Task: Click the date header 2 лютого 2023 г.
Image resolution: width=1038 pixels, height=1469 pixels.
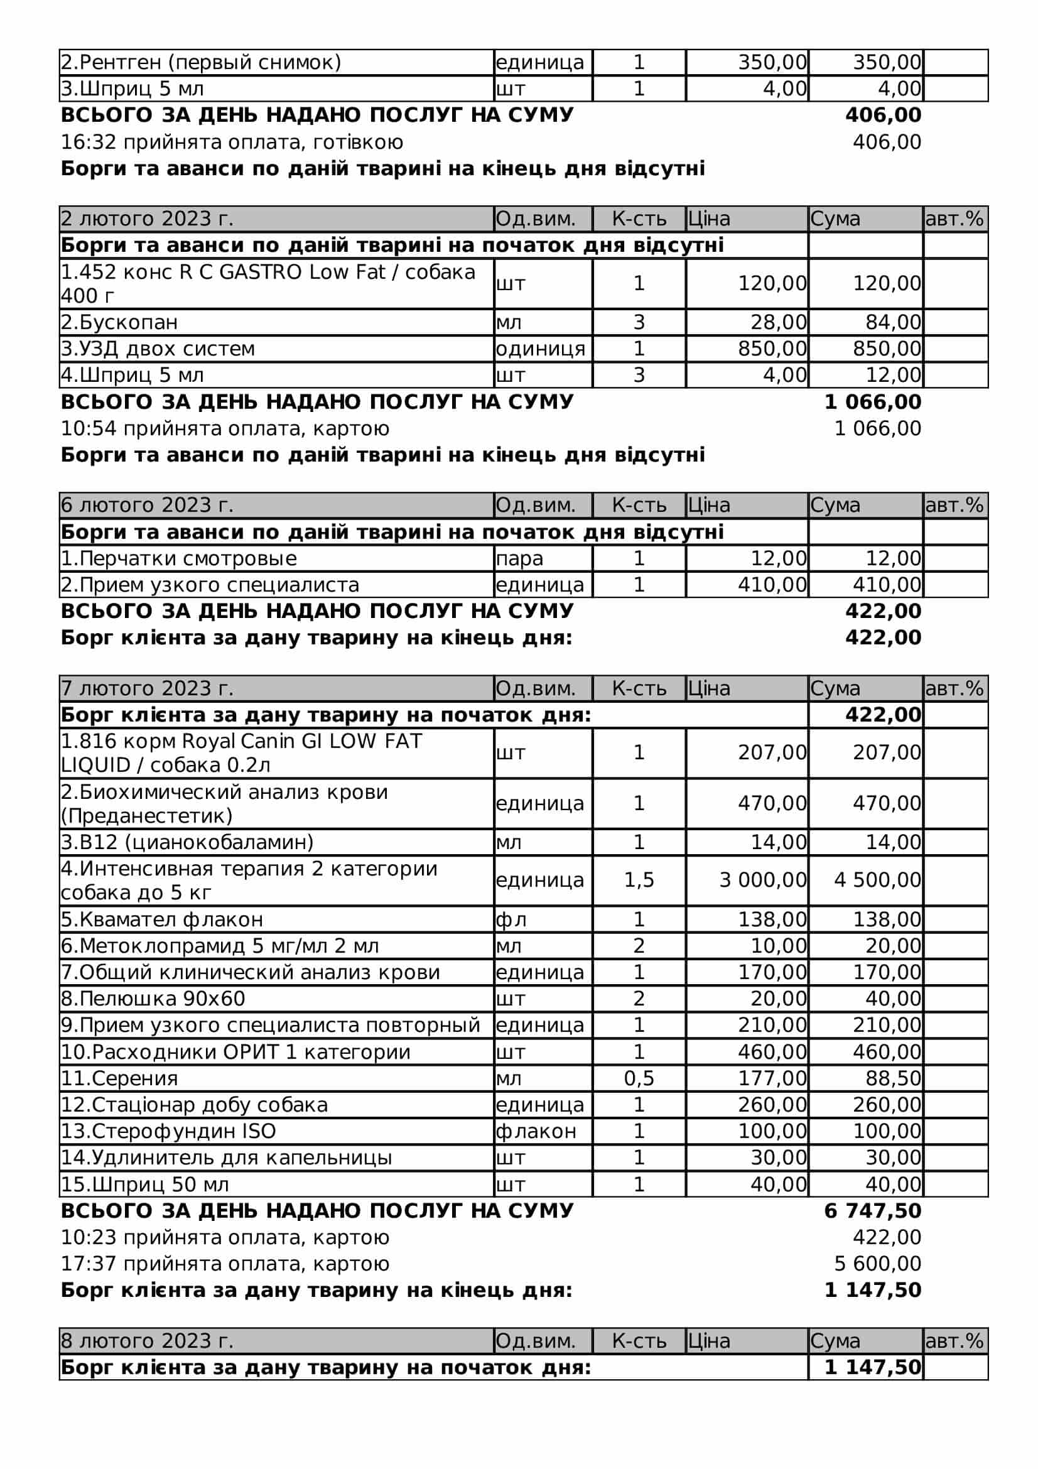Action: coord(147,219)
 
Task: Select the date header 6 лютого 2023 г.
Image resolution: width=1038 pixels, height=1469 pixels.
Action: coord(147,506)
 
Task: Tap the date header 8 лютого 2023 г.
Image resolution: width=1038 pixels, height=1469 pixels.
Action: coord(147,1341)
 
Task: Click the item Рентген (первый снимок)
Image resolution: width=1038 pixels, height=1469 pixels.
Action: coord(201,63)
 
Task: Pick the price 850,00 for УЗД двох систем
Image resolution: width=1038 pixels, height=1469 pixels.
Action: coord(772,349)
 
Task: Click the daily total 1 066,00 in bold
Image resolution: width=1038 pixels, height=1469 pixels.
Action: coord(872,403)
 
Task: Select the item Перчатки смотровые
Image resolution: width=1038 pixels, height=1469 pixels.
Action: coord(179,558)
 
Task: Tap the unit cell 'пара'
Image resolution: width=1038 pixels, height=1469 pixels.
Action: coord(519,558)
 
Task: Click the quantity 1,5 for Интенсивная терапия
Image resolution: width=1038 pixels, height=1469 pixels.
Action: coord(639,881)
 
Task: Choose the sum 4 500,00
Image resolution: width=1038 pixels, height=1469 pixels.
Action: coord(877,881)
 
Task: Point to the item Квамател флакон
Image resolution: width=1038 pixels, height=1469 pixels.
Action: coord(162,919)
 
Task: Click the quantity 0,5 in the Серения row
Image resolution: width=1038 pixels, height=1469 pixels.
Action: coord(639,1079)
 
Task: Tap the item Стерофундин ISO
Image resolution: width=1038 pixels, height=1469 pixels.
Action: coord(168,1131)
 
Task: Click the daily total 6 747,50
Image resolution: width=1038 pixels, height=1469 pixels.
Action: coord(872,1211)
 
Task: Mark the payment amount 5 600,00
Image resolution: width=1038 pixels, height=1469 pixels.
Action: coord(877,1264)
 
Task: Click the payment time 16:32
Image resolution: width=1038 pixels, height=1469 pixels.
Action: coord(88,142)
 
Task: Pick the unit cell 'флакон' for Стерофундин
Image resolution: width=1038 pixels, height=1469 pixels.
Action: coord(536,1131)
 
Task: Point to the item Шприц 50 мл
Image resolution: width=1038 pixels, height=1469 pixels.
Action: coord(144,1184)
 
